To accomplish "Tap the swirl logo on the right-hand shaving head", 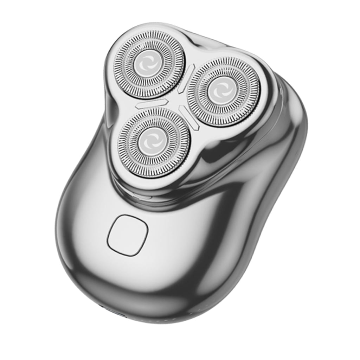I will [x=223, y=91].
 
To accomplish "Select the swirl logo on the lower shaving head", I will [x=154, y=141].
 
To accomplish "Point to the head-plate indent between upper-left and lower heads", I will [x=112, y=105].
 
